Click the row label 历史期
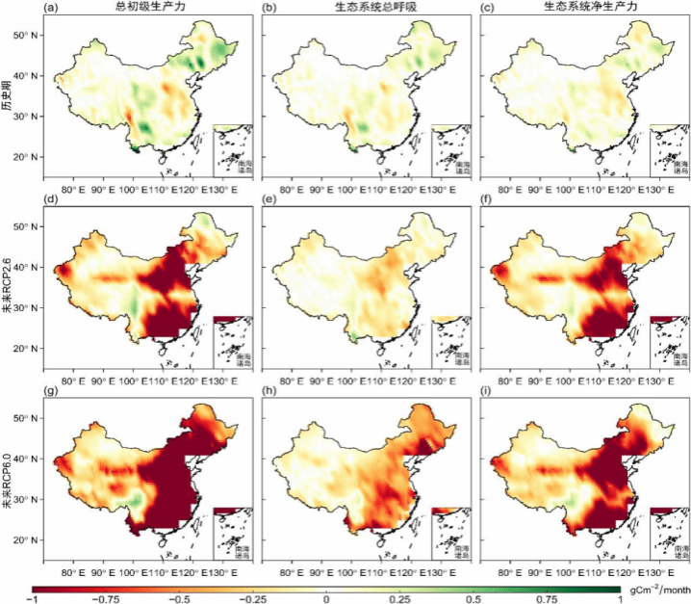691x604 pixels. point(8,95)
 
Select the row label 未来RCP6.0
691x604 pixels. point(8,479)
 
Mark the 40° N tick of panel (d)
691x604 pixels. point(26,268)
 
